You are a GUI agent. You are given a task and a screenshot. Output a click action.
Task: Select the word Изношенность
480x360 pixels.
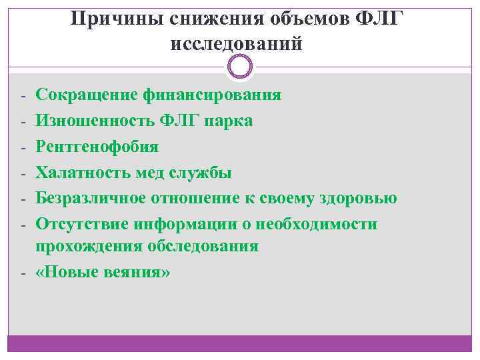click(94, 121)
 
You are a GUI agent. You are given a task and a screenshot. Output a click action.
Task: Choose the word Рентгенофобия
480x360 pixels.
click(97, 147)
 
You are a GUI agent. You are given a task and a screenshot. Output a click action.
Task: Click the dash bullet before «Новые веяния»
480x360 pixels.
click(22, 273)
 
